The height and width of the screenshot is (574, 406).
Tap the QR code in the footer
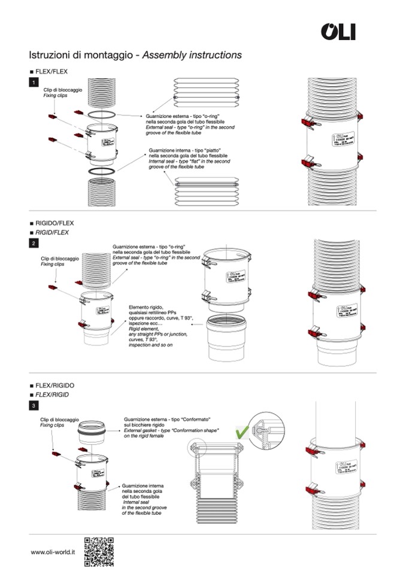coord(98,552)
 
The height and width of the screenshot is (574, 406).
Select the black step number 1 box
coord(34,82)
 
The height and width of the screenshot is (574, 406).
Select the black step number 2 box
coord(34,243)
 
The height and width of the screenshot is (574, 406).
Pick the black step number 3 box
coord(34,405)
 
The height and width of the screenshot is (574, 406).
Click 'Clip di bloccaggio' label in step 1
coord(62,90)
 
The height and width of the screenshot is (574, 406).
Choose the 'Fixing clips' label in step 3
coord(52,425)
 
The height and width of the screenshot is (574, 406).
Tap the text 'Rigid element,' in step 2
coord(144,329)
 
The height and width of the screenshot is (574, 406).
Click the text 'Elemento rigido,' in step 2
coord(147,308)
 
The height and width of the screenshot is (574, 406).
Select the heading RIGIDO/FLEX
coord(54,223)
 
